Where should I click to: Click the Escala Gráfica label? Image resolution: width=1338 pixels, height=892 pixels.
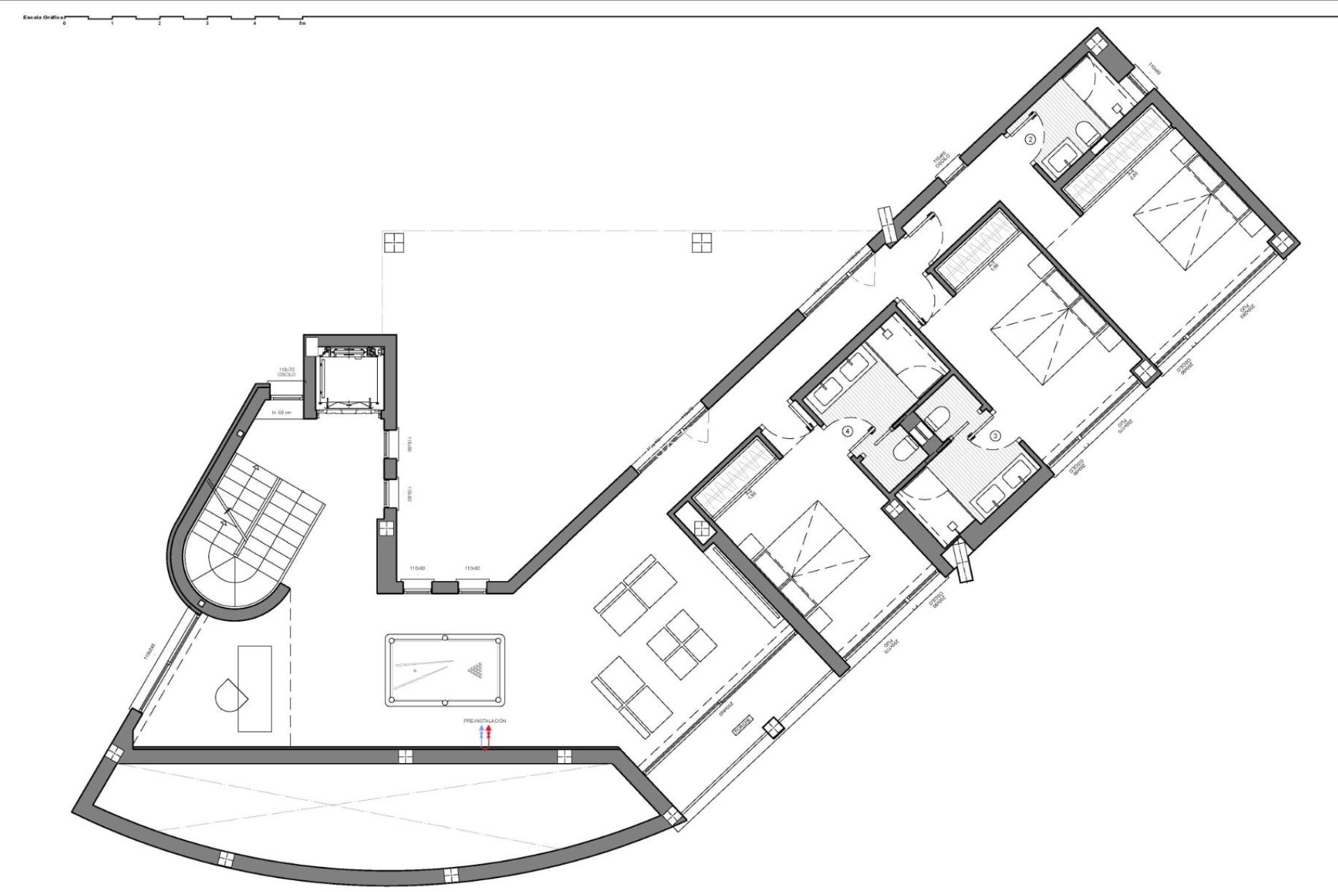(43, 17)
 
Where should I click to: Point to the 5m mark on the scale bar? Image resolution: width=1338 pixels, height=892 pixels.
(302, 23)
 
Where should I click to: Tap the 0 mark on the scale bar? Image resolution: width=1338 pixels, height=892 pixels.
(64, 23)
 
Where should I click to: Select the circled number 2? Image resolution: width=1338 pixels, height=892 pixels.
(1031, 139)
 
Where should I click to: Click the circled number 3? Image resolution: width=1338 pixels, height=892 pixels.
(995, 436)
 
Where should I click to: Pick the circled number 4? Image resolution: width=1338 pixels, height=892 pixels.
(847, 431)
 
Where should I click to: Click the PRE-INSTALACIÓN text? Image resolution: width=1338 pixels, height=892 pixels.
(484, 721)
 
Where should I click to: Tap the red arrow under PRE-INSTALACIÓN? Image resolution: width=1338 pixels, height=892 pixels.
(489, 733)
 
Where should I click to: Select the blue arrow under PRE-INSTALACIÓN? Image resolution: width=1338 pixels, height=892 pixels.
(481, 733)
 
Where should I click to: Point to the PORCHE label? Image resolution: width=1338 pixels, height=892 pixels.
(742, 725)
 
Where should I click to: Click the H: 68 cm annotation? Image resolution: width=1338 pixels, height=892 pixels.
(282, 413)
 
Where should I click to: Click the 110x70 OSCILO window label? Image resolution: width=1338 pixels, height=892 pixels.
(286, 372)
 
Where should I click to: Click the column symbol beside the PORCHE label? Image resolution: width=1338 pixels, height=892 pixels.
(773, 728)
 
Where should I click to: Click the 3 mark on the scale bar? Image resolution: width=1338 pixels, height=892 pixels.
(207, 23)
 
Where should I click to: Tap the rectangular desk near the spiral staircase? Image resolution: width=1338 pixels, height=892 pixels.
(254, 689)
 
